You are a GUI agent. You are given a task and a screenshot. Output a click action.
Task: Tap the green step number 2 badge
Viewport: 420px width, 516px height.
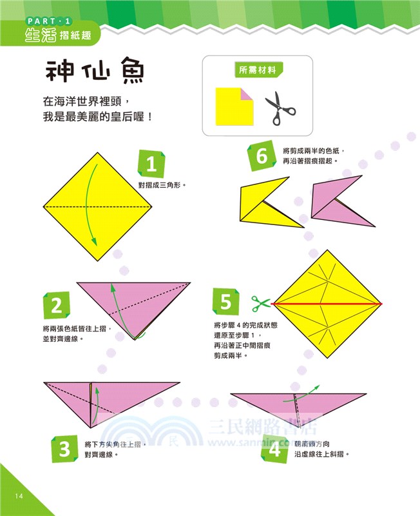(x=56, y=306)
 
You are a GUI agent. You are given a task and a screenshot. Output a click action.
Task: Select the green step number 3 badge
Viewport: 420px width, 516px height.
(x=64, y=448)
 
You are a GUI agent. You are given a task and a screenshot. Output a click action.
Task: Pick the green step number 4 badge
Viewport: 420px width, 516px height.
(x=275, y=448)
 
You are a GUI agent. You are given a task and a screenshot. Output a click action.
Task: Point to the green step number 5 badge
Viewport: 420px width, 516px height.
(x=225, y=302)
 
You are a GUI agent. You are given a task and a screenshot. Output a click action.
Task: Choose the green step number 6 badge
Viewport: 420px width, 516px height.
(x=262, y=156)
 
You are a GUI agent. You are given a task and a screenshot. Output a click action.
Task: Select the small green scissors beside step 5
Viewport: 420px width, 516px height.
(x=260, y=303)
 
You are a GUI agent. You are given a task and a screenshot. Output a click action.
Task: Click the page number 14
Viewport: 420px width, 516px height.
(x=17, y=495)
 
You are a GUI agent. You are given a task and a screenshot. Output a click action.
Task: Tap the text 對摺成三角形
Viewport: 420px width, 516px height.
(x=162, y=184)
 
